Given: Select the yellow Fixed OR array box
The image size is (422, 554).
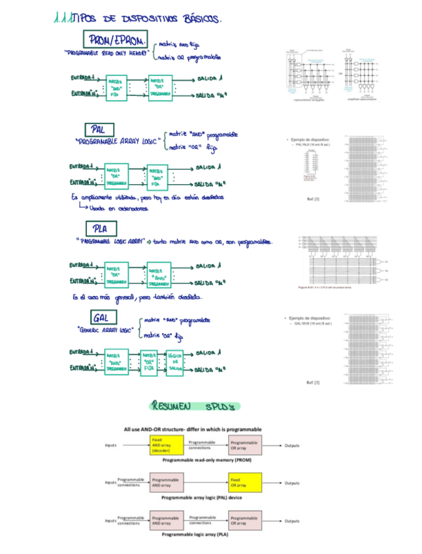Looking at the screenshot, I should pos(244,483).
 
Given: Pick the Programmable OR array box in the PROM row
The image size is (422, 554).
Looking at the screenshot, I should pos(244,446).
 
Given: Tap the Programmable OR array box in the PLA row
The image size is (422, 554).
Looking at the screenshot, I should pos(244,521).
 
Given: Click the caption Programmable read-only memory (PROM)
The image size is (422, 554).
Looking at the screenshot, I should pos(206,460).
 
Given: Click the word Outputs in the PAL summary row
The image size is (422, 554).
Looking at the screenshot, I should pos(292,483).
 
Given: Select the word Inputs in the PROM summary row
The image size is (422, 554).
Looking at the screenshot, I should pos(112,446).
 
